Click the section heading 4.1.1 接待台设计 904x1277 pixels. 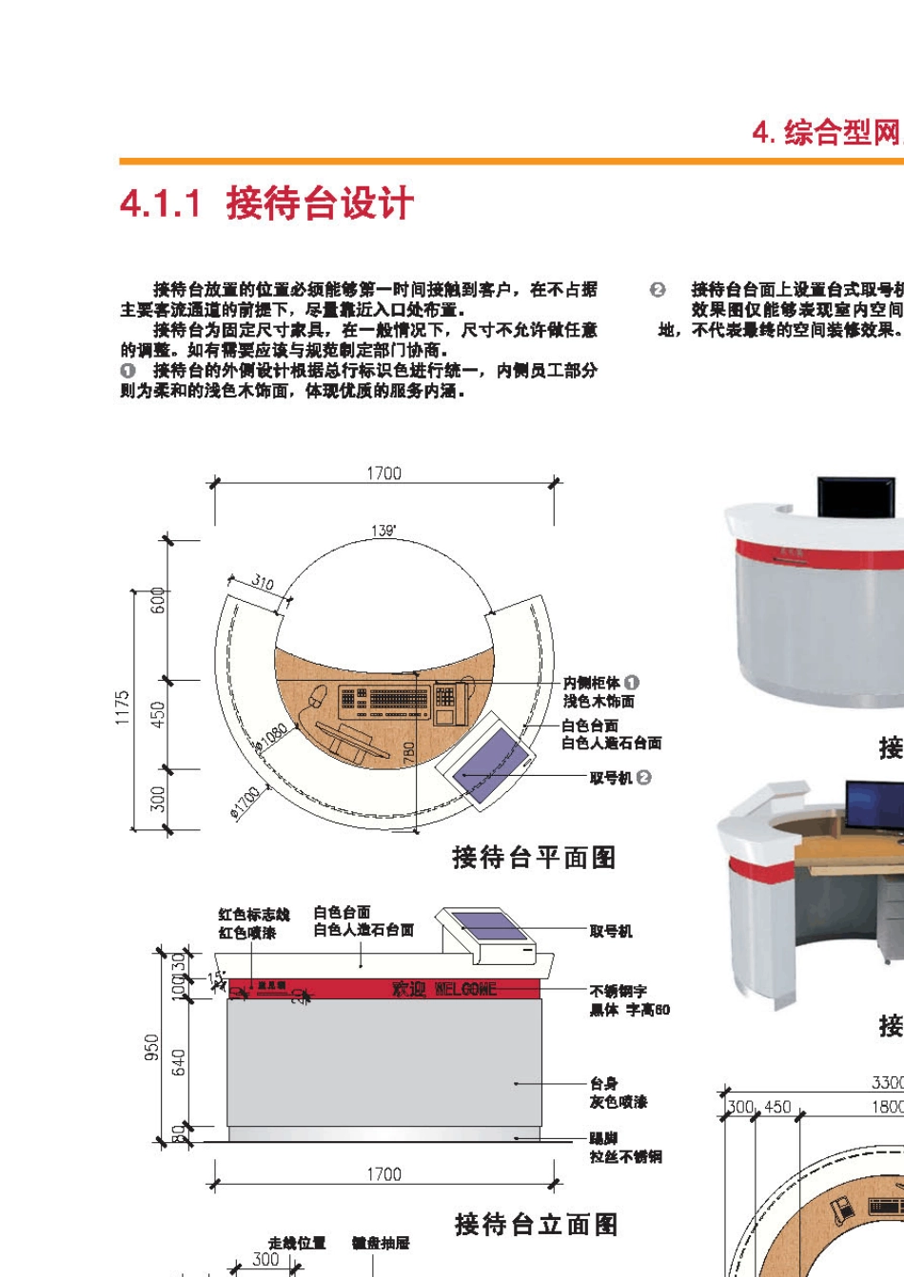(x=267, y=203)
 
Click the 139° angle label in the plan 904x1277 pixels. (x=384, y=531)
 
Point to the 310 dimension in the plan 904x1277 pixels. (x=263, y=583)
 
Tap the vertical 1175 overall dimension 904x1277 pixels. (x=123, y=708)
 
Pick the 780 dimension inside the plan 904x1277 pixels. (x=409, y=753)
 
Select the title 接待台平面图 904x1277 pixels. (x=534, y=858)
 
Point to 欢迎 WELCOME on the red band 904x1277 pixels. (x=444, y=990)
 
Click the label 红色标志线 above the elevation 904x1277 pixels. (x=254, y=915)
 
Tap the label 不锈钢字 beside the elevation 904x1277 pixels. (x=618, y=991)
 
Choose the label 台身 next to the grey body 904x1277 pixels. (x=603, y=1083)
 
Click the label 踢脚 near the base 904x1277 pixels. (x=603, y=1138)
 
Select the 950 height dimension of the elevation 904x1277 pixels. (x=151, y=1048)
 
